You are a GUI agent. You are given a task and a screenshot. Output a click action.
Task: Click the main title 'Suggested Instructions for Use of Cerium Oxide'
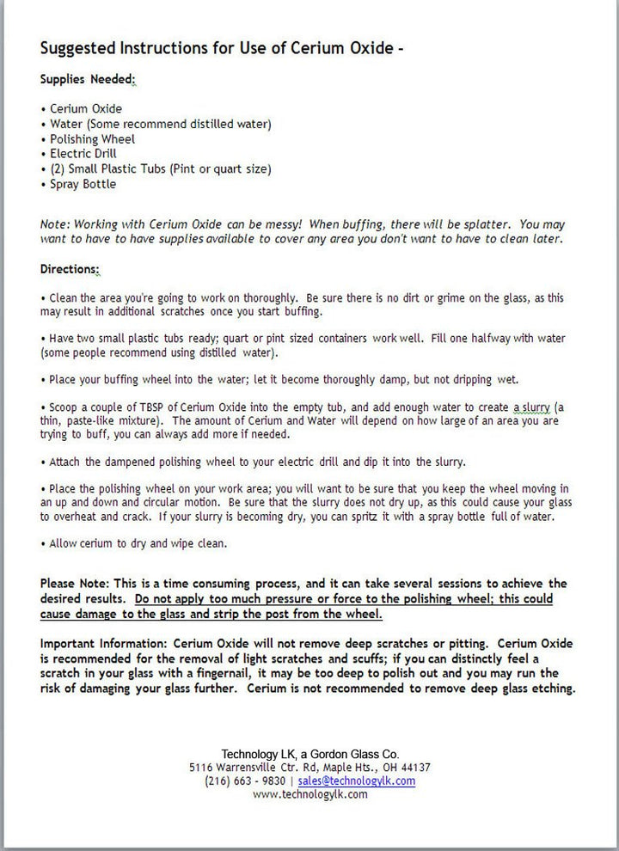coord(222,48)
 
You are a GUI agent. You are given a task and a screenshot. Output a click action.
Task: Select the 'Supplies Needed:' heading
coord(88,79)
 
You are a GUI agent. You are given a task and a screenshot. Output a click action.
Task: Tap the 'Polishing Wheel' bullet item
coord(92,139)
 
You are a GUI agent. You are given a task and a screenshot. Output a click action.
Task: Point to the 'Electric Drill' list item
coord(83,154)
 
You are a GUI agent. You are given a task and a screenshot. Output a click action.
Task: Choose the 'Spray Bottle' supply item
coord(83,184)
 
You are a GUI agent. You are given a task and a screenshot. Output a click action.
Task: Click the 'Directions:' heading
coord(70,269)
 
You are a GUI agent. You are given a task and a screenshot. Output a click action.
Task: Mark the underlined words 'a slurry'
coord(536,407)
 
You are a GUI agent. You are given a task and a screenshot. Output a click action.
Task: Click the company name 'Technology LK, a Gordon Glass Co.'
coord(309,754)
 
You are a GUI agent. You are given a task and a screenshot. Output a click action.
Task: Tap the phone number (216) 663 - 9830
coord(245,781)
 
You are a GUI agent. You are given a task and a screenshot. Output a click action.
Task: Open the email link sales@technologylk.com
coord(356,781)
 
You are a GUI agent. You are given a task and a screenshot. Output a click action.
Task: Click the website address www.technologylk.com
coord(310,794)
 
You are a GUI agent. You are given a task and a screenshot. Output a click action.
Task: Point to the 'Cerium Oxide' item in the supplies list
coord(86,109)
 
